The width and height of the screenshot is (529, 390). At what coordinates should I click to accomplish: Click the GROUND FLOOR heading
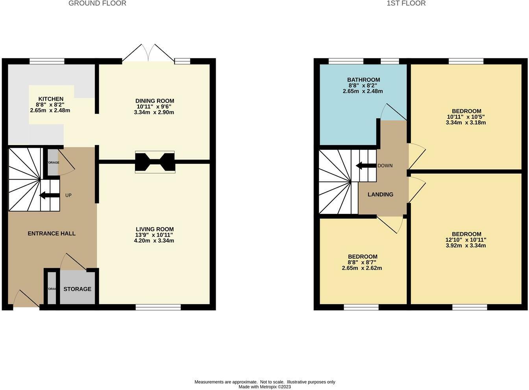(97, 4)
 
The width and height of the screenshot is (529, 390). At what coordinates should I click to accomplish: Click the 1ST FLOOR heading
(406, 4)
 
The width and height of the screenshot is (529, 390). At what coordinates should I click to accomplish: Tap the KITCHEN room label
(51, 99)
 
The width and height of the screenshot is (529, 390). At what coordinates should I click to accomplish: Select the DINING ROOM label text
(155, 101)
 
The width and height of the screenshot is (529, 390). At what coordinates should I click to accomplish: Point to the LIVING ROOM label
(155, 229)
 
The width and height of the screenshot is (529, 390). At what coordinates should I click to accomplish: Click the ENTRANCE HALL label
(52, 234)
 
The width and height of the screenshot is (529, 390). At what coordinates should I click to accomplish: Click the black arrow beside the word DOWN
(366, 166)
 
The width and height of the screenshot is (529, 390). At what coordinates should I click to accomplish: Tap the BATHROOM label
(363, 80)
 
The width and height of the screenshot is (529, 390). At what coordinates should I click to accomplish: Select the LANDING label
(380, 195)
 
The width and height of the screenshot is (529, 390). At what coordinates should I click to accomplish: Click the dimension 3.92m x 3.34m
(466, 246)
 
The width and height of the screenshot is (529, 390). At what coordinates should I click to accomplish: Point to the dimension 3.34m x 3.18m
(466, 122)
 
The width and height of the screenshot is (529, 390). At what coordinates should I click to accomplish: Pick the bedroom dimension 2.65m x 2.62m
(362, 268)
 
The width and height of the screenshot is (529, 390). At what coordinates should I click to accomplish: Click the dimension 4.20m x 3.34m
(154, 241)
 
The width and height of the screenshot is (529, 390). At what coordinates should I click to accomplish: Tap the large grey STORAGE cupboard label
(78, 289)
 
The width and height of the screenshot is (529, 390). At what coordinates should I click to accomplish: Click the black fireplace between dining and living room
(155, 162)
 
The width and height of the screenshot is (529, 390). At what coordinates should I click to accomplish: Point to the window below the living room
(158, 307)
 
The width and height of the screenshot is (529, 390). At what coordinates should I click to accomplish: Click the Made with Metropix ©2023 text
(264, 387)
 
